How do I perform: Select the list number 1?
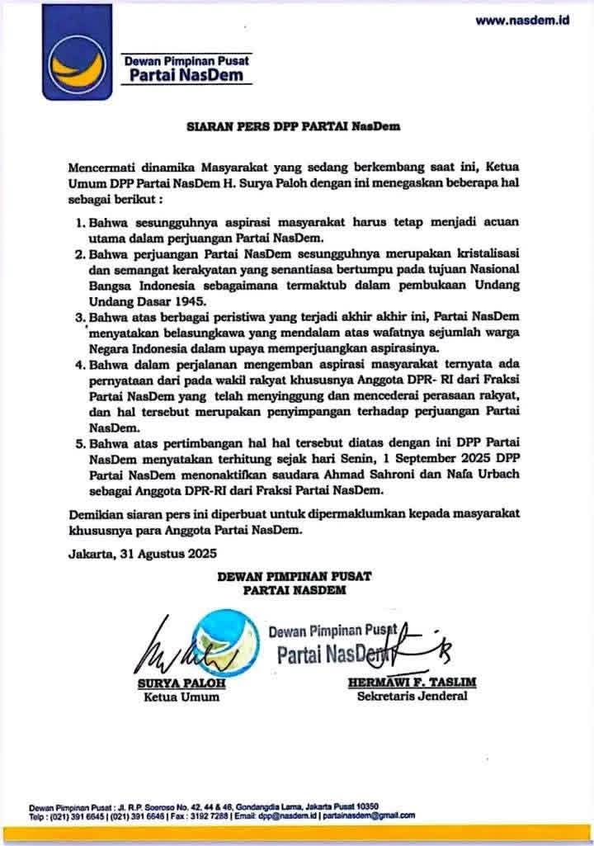(x=81, y=224)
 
